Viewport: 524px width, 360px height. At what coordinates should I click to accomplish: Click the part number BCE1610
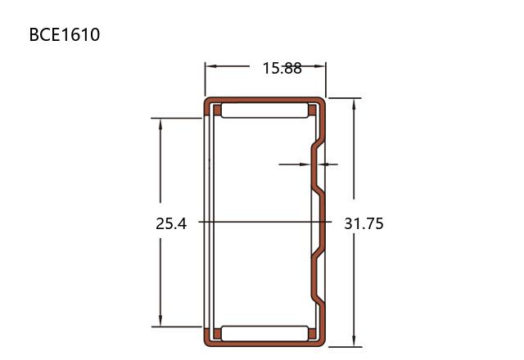(65, 34)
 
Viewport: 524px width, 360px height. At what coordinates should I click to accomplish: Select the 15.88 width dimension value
(282, 68)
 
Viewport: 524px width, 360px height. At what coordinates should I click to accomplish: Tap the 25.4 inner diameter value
(171, 223)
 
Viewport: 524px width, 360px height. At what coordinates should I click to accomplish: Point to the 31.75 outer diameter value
(364, 223)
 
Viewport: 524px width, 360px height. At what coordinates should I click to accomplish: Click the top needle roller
(264, 110)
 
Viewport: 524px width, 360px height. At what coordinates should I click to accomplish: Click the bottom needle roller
(264, 334)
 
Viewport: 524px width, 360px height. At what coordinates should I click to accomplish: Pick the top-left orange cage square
(217, 110)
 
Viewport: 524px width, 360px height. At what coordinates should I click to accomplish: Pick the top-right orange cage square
(312, 110)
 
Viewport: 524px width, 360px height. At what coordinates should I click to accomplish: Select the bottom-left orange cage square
(217, 334)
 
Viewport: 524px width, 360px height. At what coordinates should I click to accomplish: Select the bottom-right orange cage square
(312, 334)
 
